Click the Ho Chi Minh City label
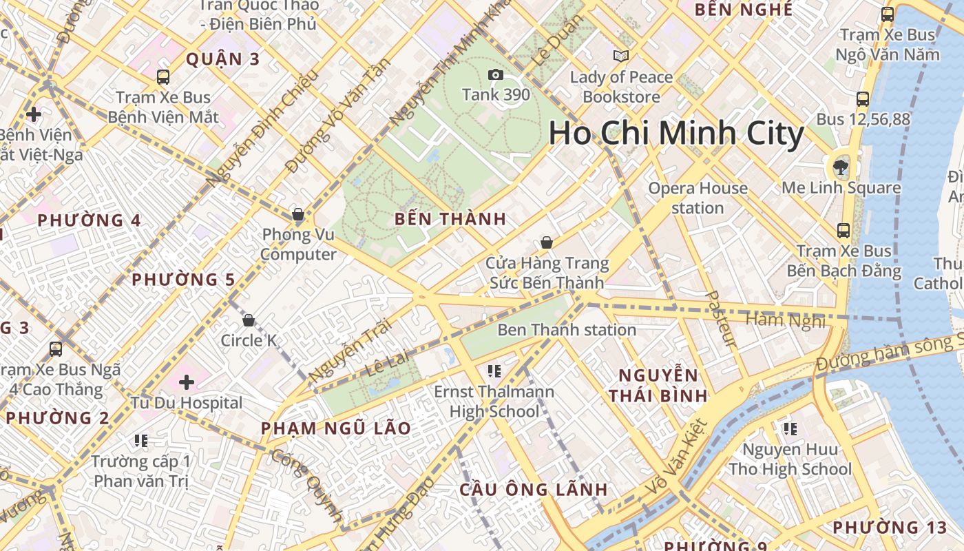point(676,134)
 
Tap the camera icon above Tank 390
point(495,74)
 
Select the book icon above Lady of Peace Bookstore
point(621,56)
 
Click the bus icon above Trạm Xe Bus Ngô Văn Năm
point(888,14)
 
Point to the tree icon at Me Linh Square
point(840,166)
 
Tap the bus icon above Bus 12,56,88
point(863,99)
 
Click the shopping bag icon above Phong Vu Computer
point(298,215)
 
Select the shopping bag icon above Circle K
point(249,320)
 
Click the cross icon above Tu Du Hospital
point(187,382)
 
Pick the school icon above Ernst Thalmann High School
point(494,371)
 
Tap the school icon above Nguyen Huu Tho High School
point(790,429)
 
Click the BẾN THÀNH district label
point(450,220)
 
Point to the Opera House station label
point(698,198)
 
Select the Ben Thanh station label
point(566,330)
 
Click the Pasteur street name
point(722,319)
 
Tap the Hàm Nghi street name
point(785,320)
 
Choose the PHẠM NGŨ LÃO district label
point(336,428)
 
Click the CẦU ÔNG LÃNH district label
point(534,490)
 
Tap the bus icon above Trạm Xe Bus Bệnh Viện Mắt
point(163,77)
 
